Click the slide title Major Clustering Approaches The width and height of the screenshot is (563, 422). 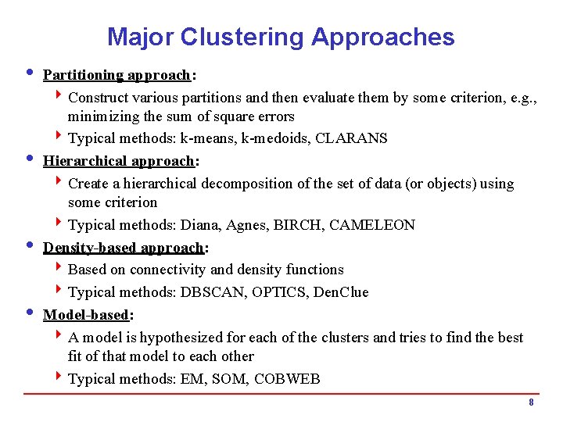pyautogui.click(x=281, y=37)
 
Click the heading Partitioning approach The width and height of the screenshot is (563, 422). pyautogui.click(x=117, y=75)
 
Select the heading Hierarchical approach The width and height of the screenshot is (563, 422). pyautogui.click(x=119, y=161)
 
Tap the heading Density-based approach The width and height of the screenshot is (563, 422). pyautogui.click(x=124, y=248)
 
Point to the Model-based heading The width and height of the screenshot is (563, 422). pyautogui.click(x=86, y=315)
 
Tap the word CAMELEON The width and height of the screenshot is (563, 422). pyautogui.click(x=372, y=225)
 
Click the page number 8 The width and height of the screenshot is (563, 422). pyautogui.click(x=531, y=402)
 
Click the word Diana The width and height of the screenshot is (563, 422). pyautogui.click(x=199, y=225)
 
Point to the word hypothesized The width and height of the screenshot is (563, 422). pyautogui.click(x=201, y=338)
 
